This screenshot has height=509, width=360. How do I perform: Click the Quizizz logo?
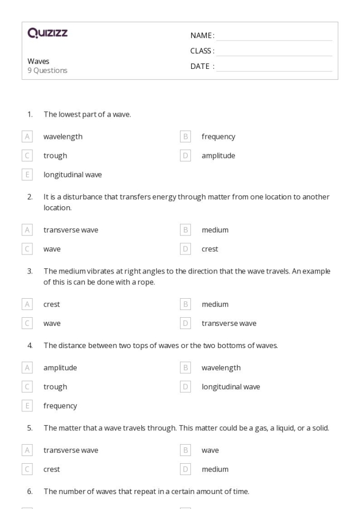click(48, 34)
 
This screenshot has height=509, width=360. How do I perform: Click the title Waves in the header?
click(39, 61)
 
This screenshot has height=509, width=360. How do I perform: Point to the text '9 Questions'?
click(47, 70)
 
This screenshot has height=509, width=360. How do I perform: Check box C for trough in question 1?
click(27, 155)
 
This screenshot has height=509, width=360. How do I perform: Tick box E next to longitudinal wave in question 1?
click(27, 174)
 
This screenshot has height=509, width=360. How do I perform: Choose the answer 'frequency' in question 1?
click(218, 137)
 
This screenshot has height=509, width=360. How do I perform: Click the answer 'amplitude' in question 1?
click(218, 155)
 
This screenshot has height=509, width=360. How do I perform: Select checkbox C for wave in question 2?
click(27, 249)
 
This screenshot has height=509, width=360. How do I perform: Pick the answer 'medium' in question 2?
click(215, 230)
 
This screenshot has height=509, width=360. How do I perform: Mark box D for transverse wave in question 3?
click(186, 323)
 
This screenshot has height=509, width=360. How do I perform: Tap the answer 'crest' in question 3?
click(51, 304)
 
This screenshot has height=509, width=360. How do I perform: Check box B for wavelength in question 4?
click(186, 368)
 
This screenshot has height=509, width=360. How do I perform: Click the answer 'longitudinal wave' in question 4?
click(230, 387)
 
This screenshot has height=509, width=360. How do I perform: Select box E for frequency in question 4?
click(27, 406)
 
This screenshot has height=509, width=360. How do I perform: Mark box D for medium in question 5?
click(186, 469)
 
